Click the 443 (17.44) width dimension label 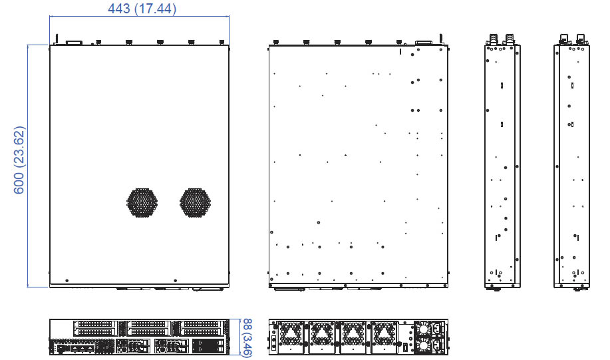click(142, 9)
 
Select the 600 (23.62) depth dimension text click(19, 160)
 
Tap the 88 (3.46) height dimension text click(247, 337)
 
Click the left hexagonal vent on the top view click(142, 203)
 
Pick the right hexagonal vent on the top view click(196, 203)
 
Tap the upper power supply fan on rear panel click(422, 329)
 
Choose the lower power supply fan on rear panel click(422, 345)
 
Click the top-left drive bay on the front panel click(95, 324)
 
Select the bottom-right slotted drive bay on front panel click(202, 332)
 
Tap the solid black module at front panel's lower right click(208, 346)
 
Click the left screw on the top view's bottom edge click(67, 281)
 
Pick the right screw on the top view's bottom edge click(176, 281)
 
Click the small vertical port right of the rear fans click(404, 347)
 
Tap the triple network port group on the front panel click(83, 348)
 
